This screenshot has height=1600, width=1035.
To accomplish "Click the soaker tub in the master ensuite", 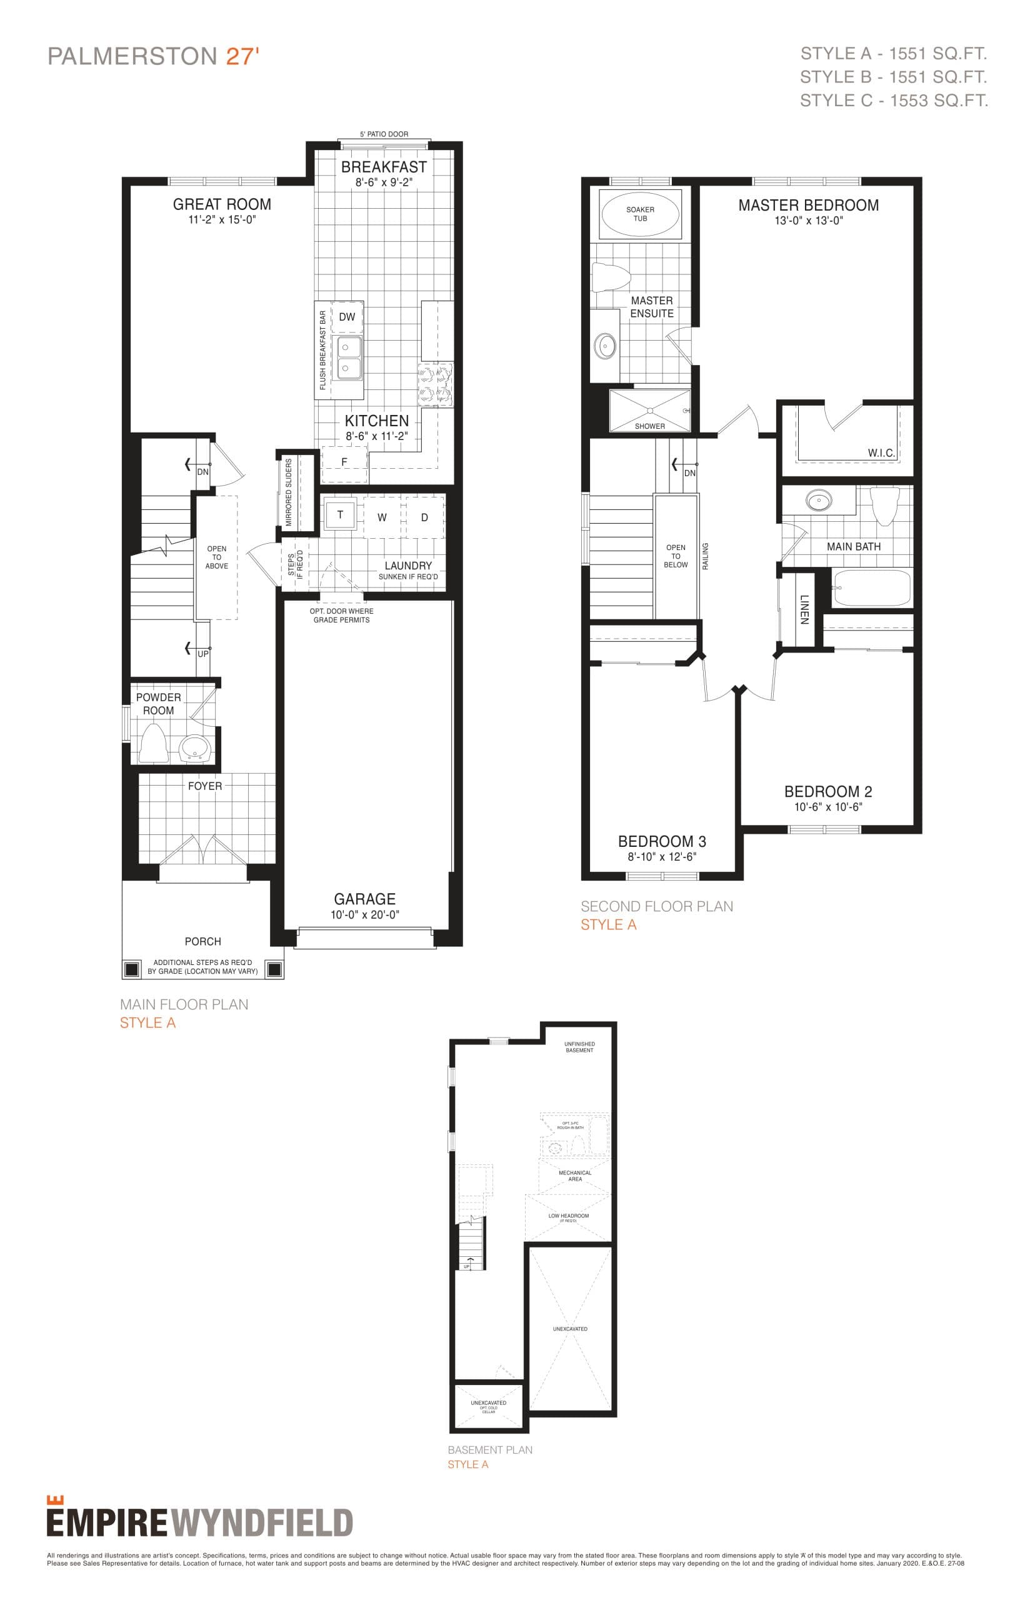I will click(640, 214).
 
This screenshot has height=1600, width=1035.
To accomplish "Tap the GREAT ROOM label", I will click(222, 204).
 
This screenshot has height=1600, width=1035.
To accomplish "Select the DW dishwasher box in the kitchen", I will click(347, 317).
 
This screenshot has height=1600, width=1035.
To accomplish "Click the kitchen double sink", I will click(348, 357).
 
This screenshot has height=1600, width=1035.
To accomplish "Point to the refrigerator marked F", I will click(345, 463).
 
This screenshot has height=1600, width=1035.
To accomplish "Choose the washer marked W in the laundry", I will click(382, 517).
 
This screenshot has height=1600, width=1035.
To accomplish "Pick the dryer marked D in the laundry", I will click(425, 517).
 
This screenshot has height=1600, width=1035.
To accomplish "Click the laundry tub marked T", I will click(340, 516).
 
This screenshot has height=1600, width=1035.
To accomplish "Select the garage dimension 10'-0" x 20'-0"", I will click(365, 914).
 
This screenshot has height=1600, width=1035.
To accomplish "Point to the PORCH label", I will click(203, 941).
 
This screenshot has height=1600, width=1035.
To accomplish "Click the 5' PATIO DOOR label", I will click(384, 134).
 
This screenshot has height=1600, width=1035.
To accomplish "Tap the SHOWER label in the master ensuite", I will click(650, 426).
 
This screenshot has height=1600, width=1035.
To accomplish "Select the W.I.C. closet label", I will click(881, 453).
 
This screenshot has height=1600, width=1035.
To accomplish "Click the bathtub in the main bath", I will click(872, 587).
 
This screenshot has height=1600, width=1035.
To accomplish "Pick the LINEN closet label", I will click(804, 609).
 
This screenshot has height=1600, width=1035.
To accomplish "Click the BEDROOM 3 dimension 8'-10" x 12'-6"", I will click(662, 857).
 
